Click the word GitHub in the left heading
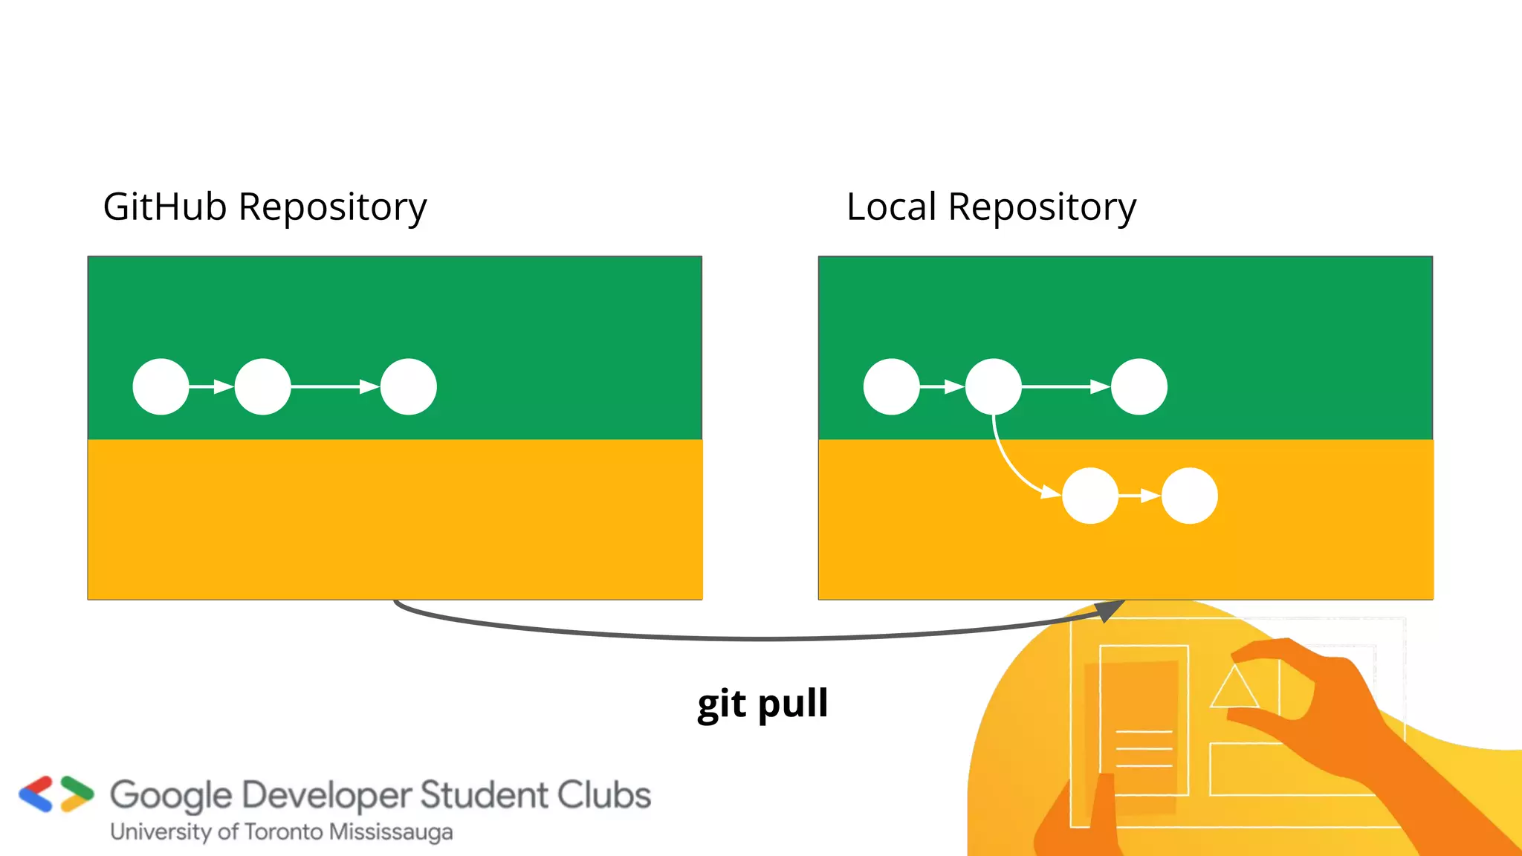pyautogui.click(x=164, y=207)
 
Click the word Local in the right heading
pyautogui.click(x=891, y=207)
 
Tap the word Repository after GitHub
pyautogui.click(x=332, y=209)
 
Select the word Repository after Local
pyautogui.click(x=1042, y=209)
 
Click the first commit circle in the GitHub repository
pyautogui.click(x=161, y=386)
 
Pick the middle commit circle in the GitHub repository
pyautogui.click(x=262, y=386)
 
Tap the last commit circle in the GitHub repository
pyautogui.click(x=408, y=386)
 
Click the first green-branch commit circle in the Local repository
pyautogui.click(x=891, y=386)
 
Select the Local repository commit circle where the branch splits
pyautogui.click(x=993, y=386)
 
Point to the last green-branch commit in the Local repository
pyautogui.click(x=1139, y=386)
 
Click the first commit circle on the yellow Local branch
pyautogui.click(x=1090, y=496)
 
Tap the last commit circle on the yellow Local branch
pyautogui.click(x=1189, y=496)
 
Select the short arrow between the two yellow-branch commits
pyautogui.click(x=1140, y=496)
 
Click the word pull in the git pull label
pyautogui.click(x=793, y=704)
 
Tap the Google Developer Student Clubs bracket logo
pyautogui.click(x=56, y=794)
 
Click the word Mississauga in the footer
pyautogui.click(x=391, y=832)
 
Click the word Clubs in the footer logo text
pyautogui.click(x=604, y=794)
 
